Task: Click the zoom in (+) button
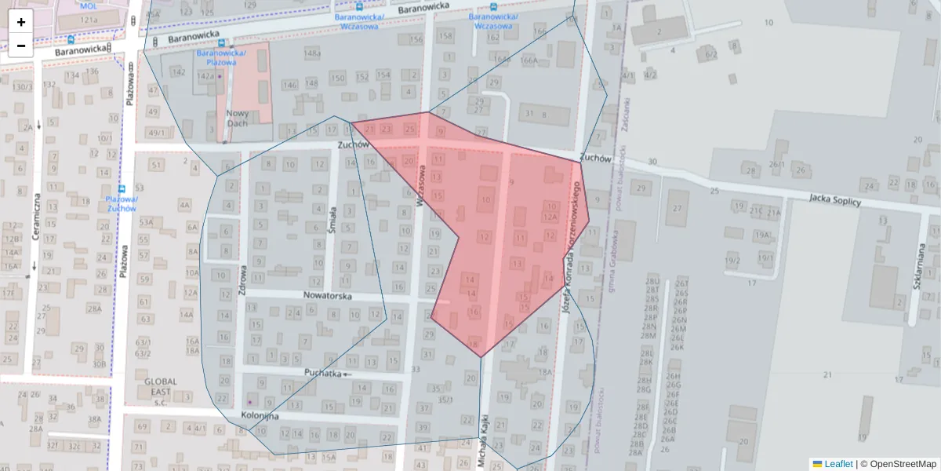[21, 22]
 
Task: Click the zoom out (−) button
[21, 46]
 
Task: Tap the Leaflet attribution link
[837, 464]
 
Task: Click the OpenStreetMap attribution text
[898, 464]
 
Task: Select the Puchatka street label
[323, 374]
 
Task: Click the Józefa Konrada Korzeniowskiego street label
[570, 243]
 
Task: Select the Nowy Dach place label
[237, 118]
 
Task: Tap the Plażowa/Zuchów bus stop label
[122, 203]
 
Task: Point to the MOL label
[88, 5]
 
